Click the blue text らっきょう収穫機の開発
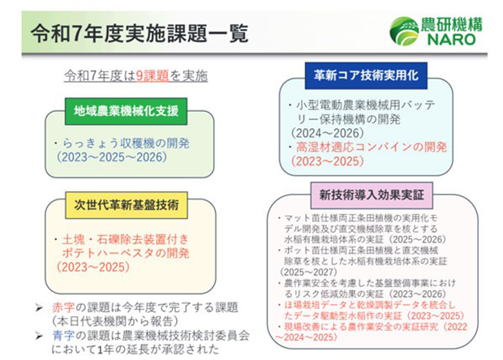(x=123, y=142)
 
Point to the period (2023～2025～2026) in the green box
(x=118, y=157)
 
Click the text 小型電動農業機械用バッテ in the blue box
(x=359, y=105)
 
